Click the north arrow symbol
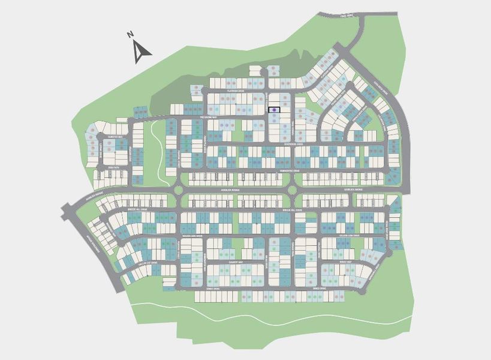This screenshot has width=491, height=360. (142, 52)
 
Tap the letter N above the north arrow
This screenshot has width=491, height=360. (130, 35)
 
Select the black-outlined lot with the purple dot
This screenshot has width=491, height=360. (274, 110)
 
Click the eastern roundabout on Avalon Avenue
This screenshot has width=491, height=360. (292, 190)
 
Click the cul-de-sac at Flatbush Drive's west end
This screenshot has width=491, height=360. (197, 91)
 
